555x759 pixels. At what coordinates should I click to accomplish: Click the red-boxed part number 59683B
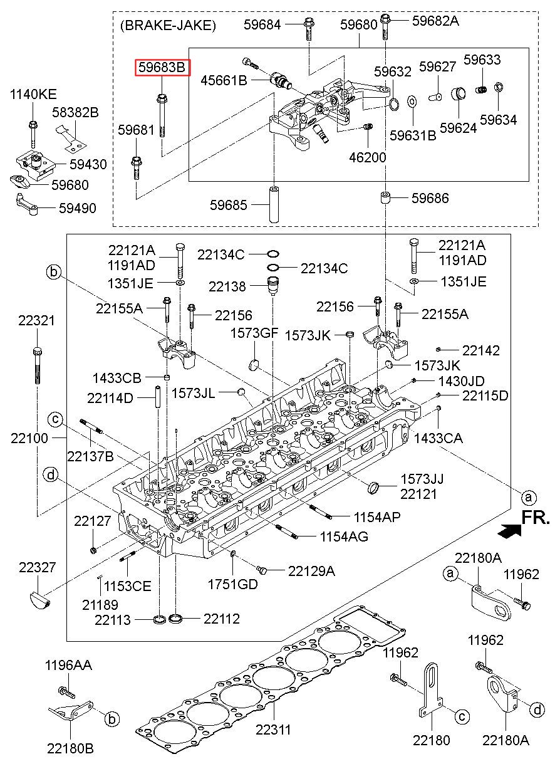(162, 68)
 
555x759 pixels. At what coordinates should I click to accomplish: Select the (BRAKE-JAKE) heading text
(168, 26)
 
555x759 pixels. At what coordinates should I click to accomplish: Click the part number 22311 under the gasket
(273, 730)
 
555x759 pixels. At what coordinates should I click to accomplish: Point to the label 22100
(29, 439)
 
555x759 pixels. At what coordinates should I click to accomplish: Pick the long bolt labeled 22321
(38, 365)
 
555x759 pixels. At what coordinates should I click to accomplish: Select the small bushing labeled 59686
(385, 197)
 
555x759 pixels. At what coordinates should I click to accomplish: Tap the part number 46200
(368, 157)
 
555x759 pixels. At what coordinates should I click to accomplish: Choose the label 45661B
(224, 81)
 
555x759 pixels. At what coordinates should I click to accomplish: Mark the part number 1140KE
(33, 94)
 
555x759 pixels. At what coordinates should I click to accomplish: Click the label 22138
(227, 286)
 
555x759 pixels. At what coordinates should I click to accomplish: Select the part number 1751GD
(232, 584)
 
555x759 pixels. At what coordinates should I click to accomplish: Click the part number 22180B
(70, 748)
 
